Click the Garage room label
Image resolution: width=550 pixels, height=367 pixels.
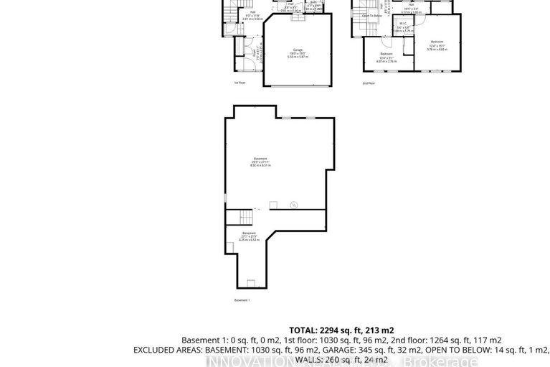click(x=297, y=50)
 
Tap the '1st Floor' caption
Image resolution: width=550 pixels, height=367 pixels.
click(x=240, y=83)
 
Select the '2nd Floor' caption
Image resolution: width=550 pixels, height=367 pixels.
click(x=369, y=83)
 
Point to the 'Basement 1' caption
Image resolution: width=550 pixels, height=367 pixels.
click(x=243, y=300)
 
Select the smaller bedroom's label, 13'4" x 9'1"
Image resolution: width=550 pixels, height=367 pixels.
click(x=386, y=57)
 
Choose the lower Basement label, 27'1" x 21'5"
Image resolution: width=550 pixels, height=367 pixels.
click(x=248, y=236)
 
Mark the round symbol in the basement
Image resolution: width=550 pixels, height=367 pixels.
click(x=293, y=206)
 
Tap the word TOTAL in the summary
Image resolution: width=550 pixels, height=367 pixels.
click(x=303, y=330)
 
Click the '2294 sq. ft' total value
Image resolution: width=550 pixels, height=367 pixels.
click(x=343, y=330)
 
